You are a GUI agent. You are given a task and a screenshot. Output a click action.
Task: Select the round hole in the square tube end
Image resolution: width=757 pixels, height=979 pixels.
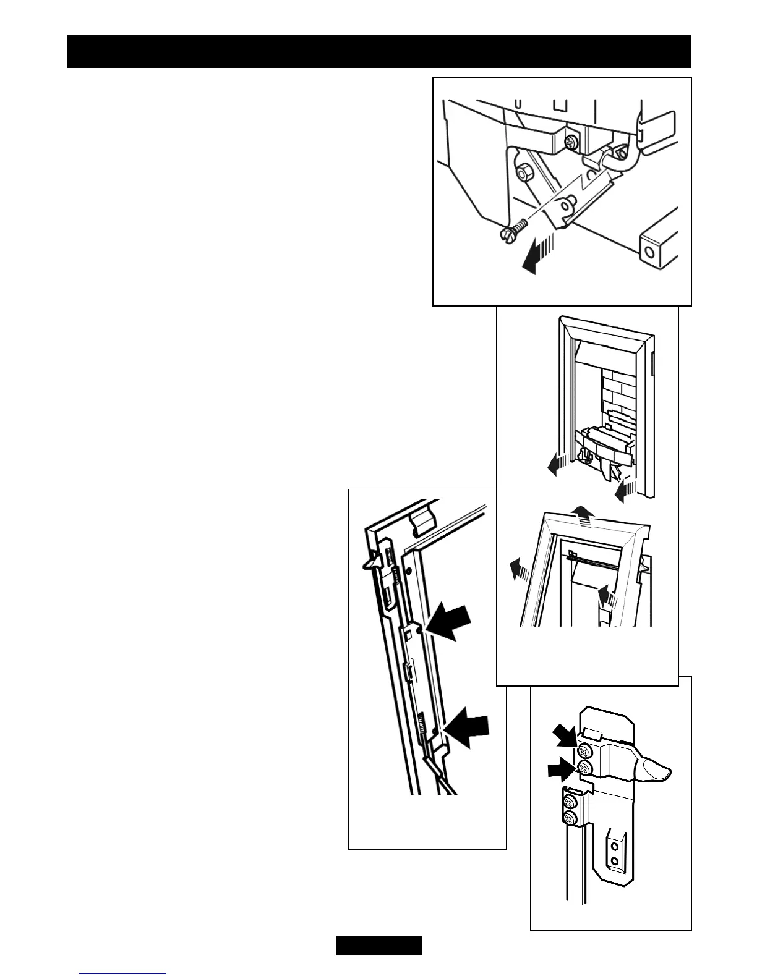pos(648,252)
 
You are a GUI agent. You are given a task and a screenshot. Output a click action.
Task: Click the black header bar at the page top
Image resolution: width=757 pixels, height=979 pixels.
pos(378,51)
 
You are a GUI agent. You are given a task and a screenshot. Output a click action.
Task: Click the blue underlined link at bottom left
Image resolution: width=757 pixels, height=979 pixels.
pos(122,975)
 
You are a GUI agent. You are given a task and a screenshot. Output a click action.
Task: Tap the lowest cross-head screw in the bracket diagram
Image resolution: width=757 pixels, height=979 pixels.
pos(570,818)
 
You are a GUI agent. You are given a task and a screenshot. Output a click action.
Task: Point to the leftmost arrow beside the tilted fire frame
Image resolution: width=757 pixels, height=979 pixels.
pos(516,567)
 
